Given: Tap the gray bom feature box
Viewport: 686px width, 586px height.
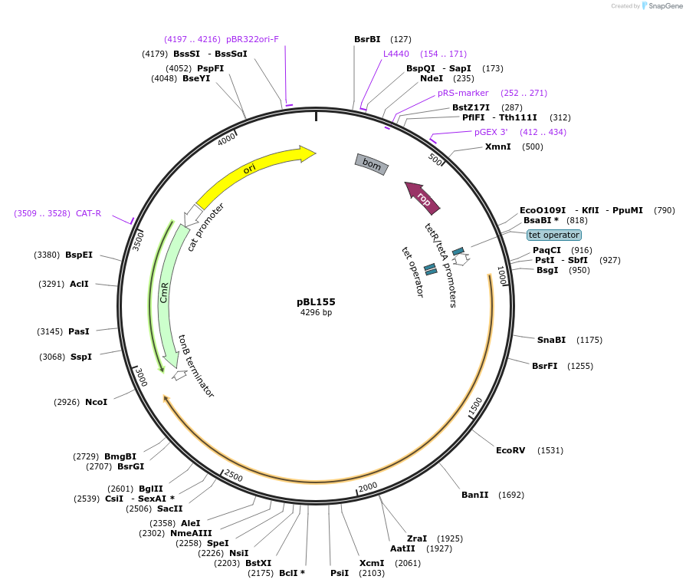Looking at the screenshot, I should tap(372, 164).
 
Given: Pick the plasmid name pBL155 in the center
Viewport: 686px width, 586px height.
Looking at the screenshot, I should tap(316, 301).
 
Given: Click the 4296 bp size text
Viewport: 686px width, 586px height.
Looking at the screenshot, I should tap(316, 313).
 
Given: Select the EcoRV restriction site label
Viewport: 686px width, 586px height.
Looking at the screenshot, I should tap(510, 450).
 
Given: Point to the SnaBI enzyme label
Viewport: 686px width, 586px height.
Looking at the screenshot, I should tap(551, 340).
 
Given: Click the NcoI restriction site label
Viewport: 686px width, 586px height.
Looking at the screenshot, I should tap(96, 402).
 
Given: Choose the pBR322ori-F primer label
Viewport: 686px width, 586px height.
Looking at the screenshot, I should tap(252, 39).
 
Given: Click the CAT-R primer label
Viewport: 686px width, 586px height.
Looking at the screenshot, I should tap(88, 213).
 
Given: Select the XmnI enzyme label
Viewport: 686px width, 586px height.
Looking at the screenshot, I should tap(497, 146).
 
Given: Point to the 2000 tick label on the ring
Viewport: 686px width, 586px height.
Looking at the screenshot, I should tap(368, 487).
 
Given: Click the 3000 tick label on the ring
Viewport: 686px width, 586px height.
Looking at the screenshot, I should tap(141, 377).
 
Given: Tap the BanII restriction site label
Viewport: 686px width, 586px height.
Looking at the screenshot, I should tap(474, 495).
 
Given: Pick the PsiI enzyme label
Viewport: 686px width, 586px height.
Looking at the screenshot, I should tap(340, 573).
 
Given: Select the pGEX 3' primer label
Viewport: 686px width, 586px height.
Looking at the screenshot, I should tap(491, 132).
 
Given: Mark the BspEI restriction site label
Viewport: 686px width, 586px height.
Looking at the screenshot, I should tap(79, 255).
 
